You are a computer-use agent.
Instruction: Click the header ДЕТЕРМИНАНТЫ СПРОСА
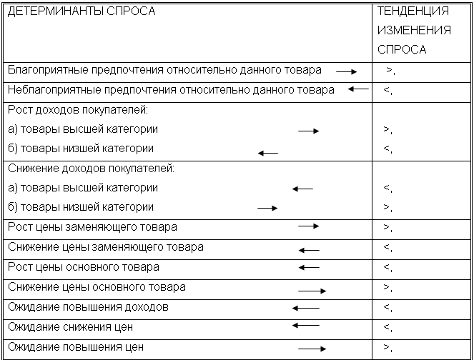(82, 12)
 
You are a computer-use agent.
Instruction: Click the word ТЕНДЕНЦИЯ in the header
(413, 12)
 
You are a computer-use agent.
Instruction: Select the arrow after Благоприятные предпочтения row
(347, 72)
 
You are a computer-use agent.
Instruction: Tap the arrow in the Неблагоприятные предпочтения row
(358, 89)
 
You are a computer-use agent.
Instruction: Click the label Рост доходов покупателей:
(78, 111)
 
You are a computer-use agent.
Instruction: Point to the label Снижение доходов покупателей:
(92, 169)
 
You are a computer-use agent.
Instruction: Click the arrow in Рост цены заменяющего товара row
(308, 226)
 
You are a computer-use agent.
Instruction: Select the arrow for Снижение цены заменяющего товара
(309, 250)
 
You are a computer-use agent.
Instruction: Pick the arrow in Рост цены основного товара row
(309, 267)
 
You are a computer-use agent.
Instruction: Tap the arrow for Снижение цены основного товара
(312, 291)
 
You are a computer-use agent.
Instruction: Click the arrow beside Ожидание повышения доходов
(306, 308)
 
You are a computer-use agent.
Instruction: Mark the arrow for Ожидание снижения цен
(306, 325)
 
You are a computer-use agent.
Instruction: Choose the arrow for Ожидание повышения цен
(312, 349)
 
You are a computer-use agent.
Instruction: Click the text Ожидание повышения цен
(76, 347)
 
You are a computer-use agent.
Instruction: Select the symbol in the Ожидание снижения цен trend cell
(387, 328)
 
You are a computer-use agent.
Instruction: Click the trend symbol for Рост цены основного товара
(387, 268)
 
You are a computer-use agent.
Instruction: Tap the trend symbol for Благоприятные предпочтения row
(390, 71)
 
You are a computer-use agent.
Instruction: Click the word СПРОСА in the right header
(401, 50)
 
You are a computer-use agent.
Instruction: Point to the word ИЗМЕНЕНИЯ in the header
(414, 31)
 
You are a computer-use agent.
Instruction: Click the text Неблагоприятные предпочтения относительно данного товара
(171, 90)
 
